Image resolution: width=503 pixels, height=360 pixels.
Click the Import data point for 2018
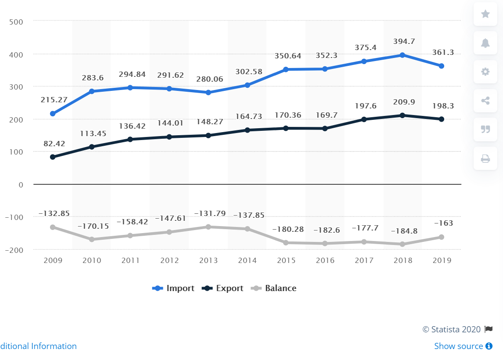coord(402,55)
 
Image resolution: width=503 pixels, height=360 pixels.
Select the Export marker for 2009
coord(53,157)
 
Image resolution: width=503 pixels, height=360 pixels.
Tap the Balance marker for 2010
coord(92,239)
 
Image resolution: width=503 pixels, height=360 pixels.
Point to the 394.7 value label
coord(402,42)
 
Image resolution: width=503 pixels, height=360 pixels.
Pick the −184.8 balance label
coord(402,230)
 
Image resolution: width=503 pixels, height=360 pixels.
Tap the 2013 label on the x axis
coord(208,260)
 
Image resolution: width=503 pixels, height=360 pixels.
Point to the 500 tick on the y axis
coord(16,21)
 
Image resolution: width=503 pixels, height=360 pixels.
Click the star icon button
coord(485,14)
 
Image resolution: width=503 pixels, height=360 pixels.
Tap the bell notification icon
coord(485,43)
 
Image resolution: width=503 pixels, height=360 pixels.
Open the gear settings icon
coord(485,72)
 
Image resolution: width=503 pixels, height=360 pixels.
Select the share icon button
coord(485,101)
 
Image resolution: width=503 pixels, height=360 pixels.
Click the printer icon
coord(485,158)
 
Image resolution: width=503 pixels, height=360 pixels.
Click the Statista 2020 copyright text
coord(452,329)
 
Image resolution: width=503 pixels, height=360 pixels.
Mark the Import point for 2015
coord(286,69)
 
